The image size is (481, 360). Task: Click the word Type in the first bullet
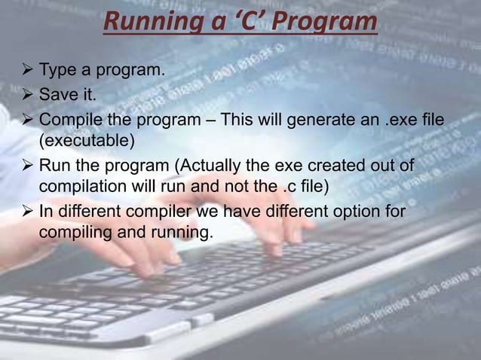point(56,72)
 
